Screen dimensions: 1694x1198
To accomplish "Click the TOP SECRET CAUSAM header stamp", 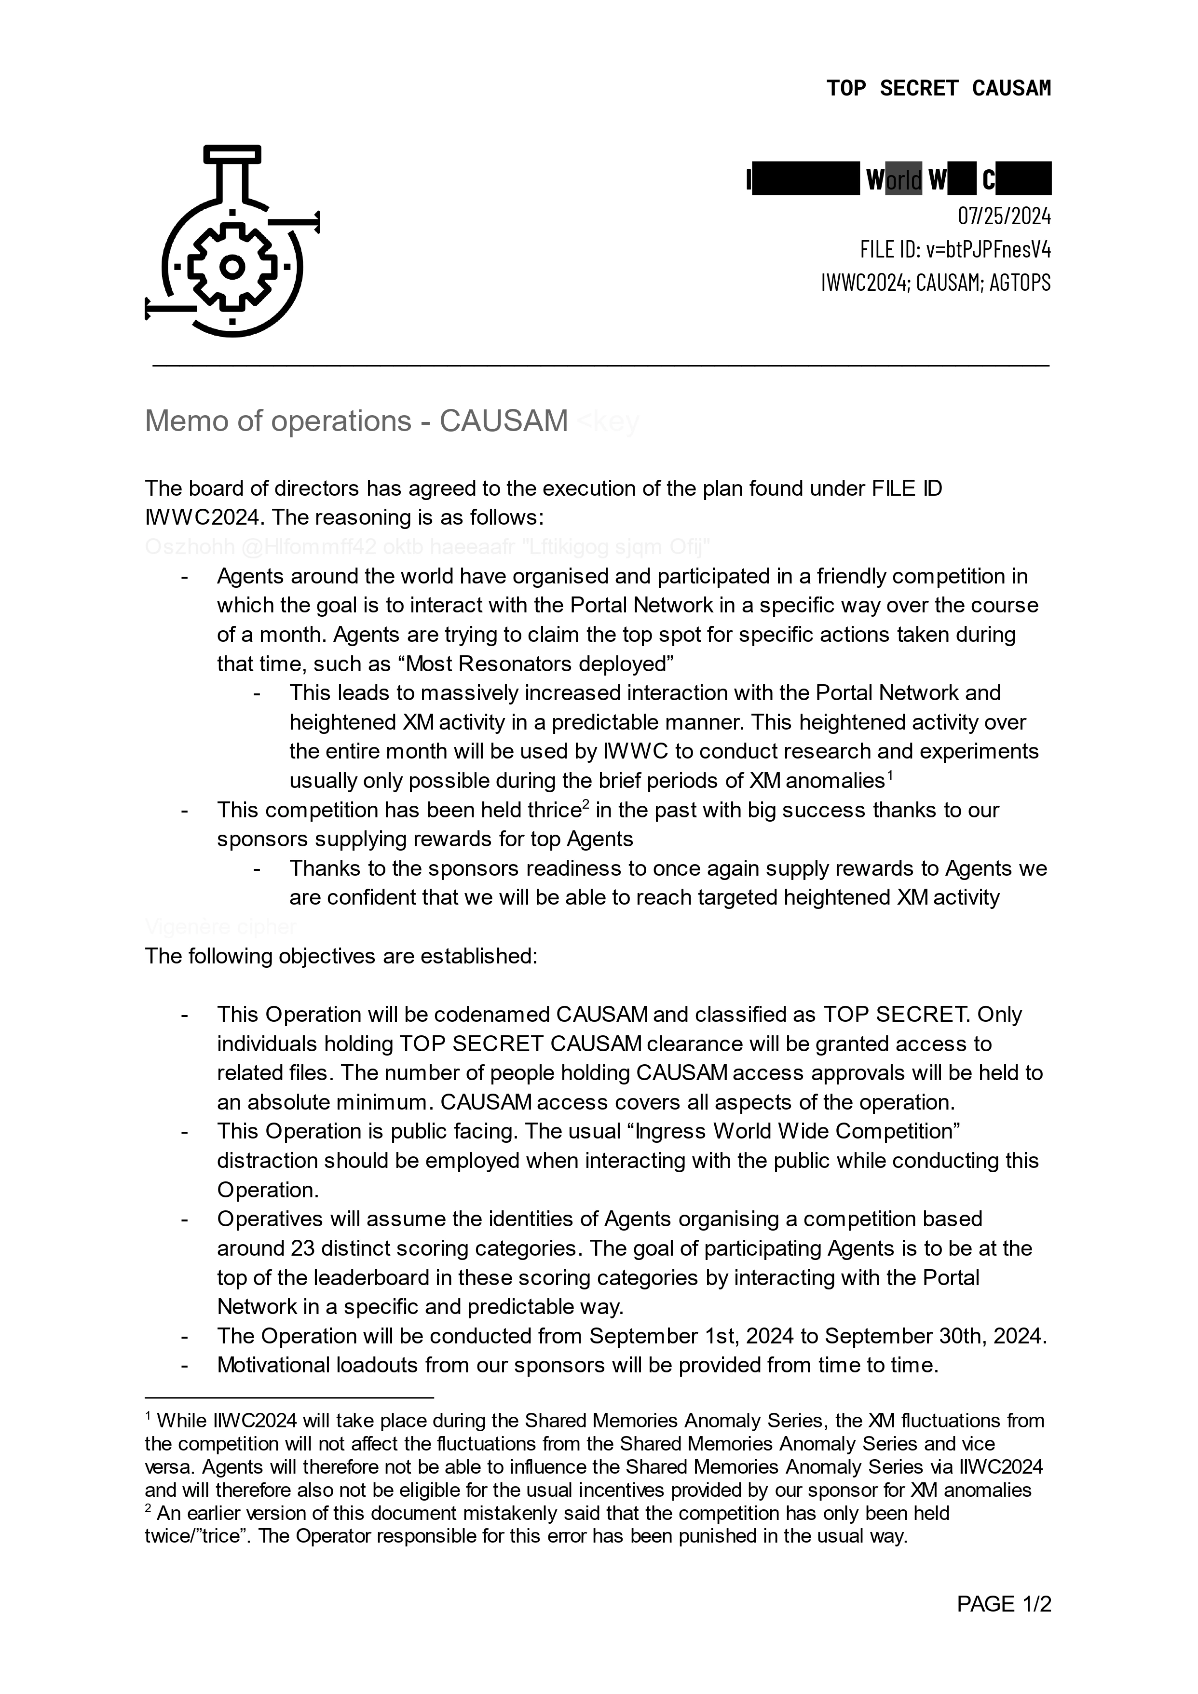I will pos(938,89).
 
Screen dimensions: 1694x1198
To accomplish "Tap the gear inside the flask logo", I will pos(232,266).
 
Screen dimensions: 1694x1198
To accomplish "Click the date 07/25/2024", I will pos(1004,216).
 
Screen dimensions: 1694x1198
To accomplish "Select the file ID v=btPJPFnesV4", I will pos(955,249).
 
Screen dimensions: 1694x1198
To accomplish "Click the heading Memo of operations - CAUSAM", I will pos(356,421).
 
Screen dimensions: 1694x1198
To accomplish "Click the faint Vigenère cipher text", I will pos(221,927).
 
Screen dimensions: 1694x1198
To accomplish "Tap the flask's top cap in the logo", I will pos(232,153).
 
